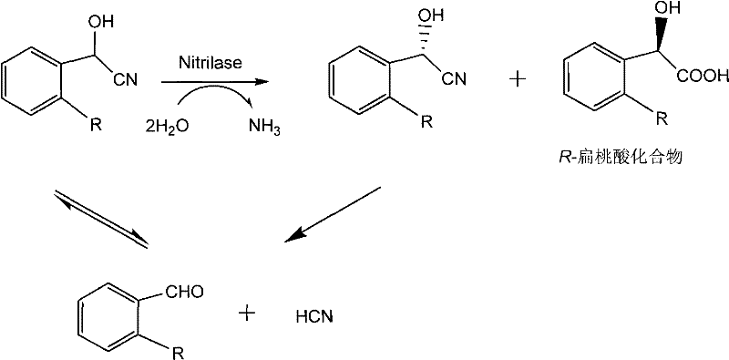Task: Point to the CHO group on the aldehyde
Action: [186, 293]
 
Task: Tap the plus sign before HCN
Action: [247, 314]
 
